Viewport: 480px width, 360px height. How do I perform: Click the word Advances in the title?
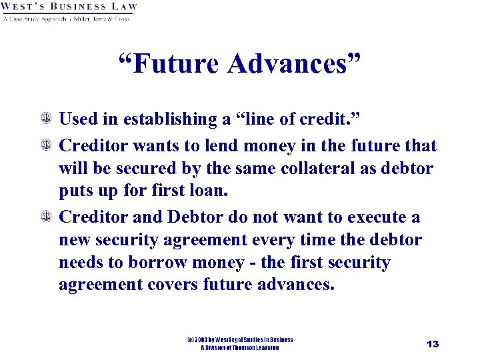[293, 64]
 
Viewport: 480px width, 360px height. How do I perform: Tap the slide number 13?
[433, 344]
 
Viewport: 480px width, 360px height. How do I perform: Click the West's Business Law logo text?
[69, 7]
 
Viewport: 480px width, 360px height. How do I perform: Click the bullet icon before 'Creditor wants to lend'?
[47, 146]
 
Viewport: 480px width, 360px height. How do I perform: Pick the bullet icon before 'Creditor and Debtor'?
[47, 217]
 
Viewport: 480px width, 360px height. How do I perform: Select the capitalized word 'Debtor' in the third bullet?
[199, 217]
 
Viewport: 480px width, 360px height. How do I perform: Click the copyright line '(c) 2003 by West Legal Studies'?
[239, 340]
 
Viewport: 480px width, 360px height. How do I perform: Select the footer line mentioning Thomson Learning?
[239, 347]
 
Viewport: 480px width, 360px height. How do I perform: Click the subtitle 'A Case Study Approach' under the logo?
[34, 19]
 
